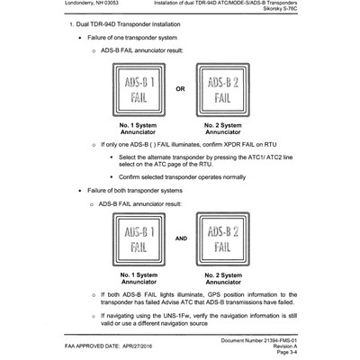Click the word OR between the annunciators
(x=180, y=89)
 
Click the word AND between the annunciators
(x=180, y=240)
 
